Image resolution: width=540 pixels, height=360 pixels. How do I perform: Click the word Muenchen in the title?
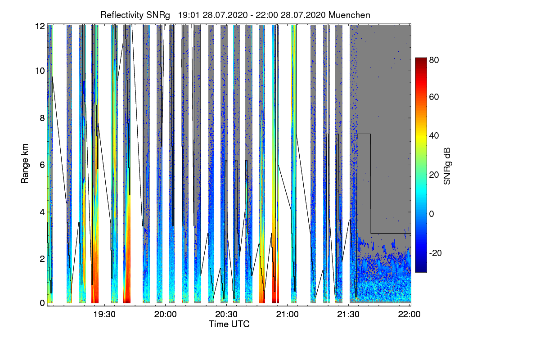349,15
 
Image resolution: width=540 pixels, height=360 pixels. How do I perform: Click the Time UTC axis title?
229,324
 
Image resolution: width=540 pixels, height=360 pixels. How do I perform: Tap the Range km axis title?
24,165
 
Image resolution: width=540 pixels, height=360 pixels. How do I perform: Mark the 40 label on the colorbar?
434,136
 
